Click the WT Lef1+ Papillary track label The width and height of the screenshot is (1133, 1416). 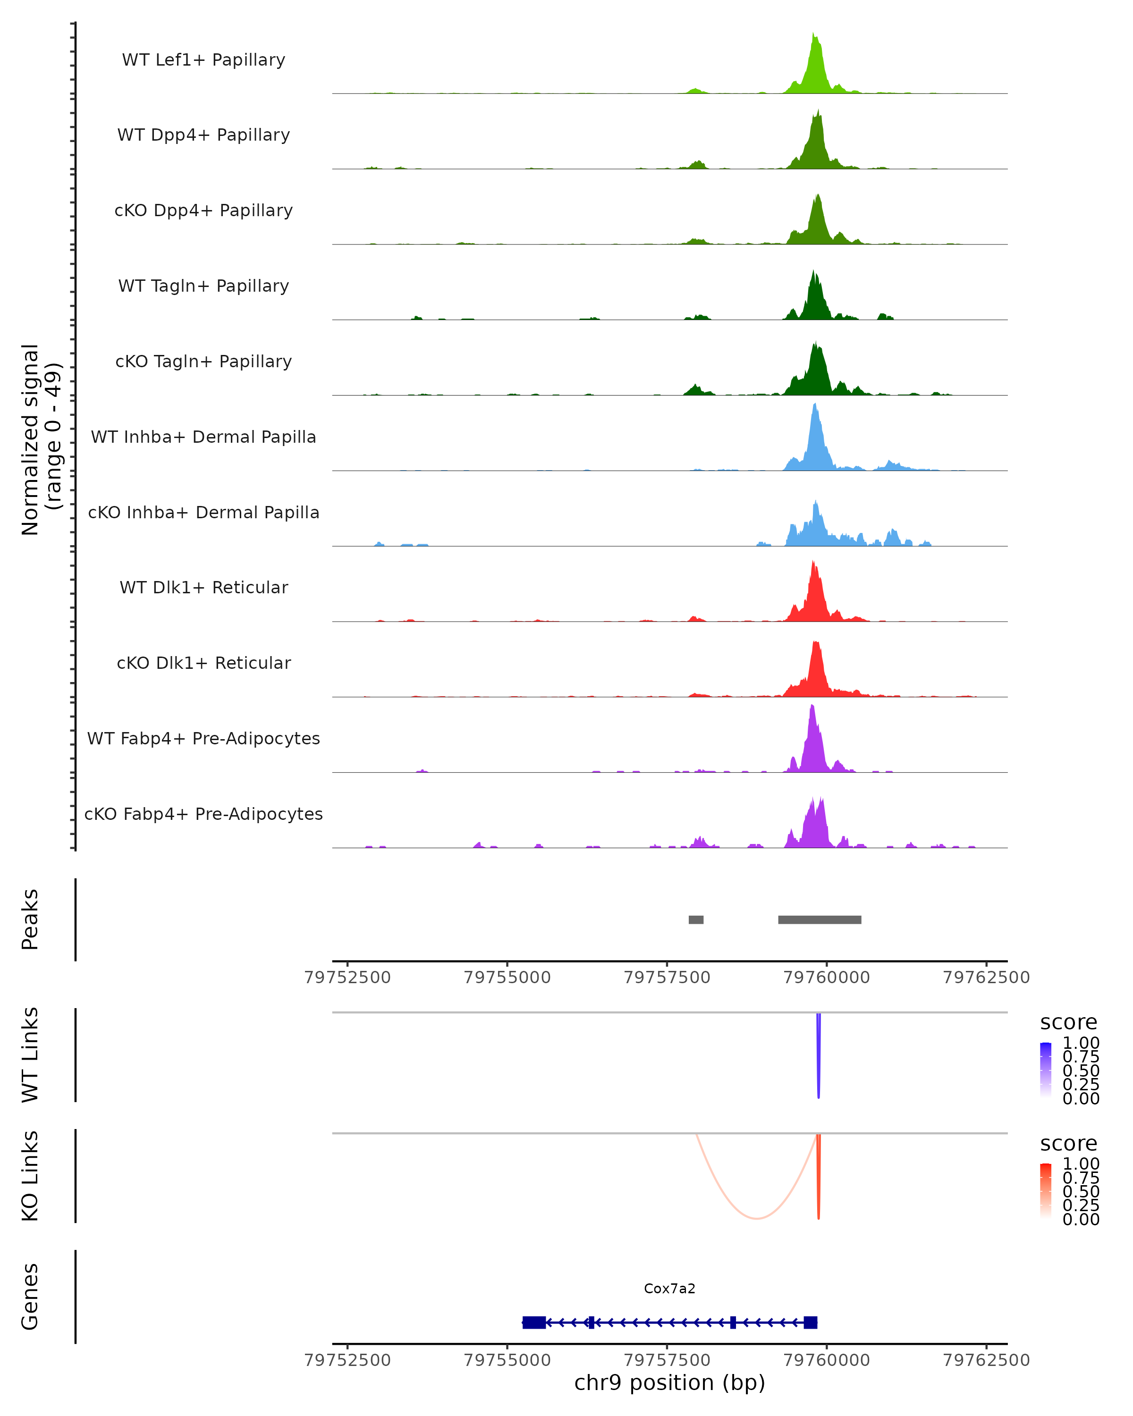(x=203, y=60)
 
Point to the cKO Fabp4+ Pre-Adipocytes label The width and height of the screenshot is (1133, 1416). (x=203, y=814)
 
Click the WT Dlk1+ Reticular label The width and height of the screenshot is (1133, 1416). (x=203, y=587)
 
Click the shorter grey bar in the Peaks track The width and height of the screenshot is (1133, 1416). (x=695, y=919)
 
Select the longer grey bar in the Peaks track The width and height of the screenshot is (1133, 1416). (x=819, y=919)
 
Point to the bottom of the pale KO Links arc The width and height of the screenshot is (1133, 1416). (x=757, y=1218)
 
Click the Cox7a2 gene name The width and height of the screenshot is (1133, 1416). (x=669, y=1289)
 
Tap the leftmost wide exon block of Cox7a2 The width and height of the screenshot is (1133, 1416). (x=534, y=1322)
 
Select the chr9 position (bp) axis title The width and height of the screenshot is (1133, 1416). (x=669, y=1382)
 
